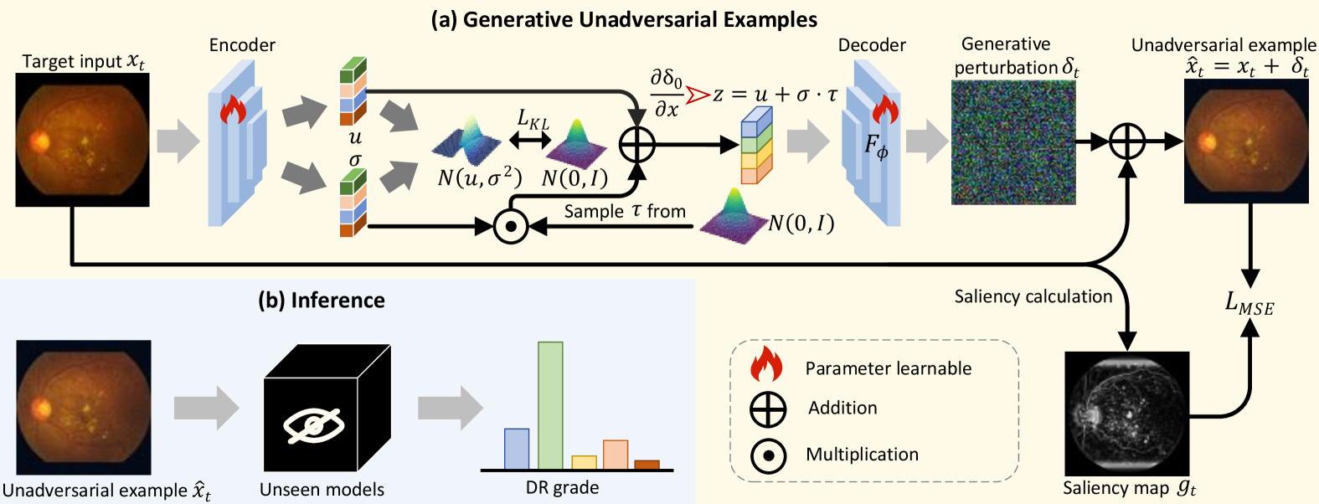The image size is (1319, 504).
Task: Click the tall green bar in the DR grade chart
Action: [x=550, y=405]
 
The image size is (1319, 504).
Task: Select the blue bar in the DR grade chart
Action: [x=517, y=449]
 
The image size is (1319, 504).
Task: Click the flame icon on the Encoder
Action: [x=233, y=110]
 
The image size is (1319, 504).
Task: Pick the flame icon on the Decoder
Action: [x=884, y=109]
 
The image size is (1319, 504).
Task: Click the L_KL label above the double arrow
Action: [x=533, y=121]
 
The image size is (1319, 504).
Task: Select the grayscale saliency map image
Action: [x=1126, y=414]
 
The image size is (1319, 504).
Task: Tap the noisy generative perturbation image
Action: [x=1013, y=143]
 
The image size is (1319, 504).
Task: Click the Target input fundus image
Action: [x=82, y=140]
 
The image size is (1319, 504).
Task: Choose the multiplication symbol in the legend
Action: [x=768, y=456]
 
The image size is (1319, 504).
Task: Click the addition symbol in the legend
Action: [x=768, y=409]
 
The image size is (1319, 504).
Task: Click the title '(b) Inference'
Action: [x=322, y=301]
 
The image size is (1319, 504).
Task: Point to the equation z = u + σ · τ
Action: [x=774, y=95]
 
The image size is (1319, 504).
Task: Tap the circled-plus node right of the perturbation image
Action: [x=1127, y=142]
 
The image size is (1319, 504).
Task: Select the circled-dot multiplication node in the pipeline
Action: [x=510, y=226]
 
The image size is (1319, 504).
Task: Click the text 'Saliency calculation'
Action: [x=1033, y=296]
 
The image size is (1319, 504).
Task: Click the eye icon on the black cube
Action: [x=313, y=425]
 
